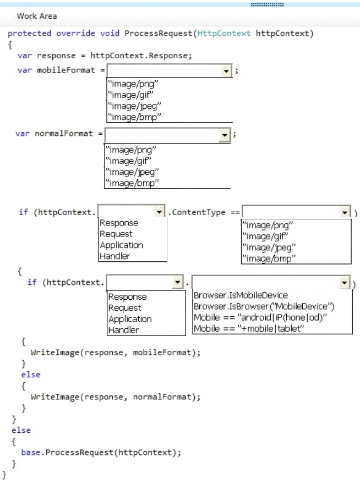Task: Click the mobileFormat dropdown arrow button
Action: [226, 71]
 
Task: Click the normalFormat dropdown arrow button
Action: [225, 135]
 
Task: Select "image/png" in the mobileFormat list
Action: [133, 84]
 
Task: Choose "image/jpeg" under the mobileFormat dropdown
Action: [134, 106]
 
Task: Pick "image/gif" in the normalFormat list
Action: [129, 161]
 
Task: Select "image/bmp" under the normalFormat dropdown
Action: [132, 183]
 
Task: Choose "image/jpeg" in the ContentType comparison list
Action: [269, 248]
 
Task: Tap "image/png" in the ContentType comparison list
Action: [268, 226]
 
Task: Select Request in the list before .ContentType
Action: [116, 234]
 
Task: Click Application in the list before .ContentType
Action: [122, 245]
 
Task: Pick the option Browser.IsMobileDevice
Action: [241, 295]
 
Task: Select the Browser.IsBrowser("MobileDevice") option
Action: [264, 306]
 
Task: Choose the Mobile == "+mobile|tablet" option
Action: [249, 328]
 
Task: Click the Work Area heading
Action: [37, 16]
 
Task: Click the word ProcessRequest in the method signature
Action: [159, 34]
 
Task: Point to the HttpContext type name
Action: [223, 34]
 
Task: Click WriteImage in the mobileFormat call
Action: [55, 353]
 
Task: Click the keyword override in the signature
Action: [76, 34]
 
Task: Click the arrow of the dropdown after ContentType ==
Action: [345, 212]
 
